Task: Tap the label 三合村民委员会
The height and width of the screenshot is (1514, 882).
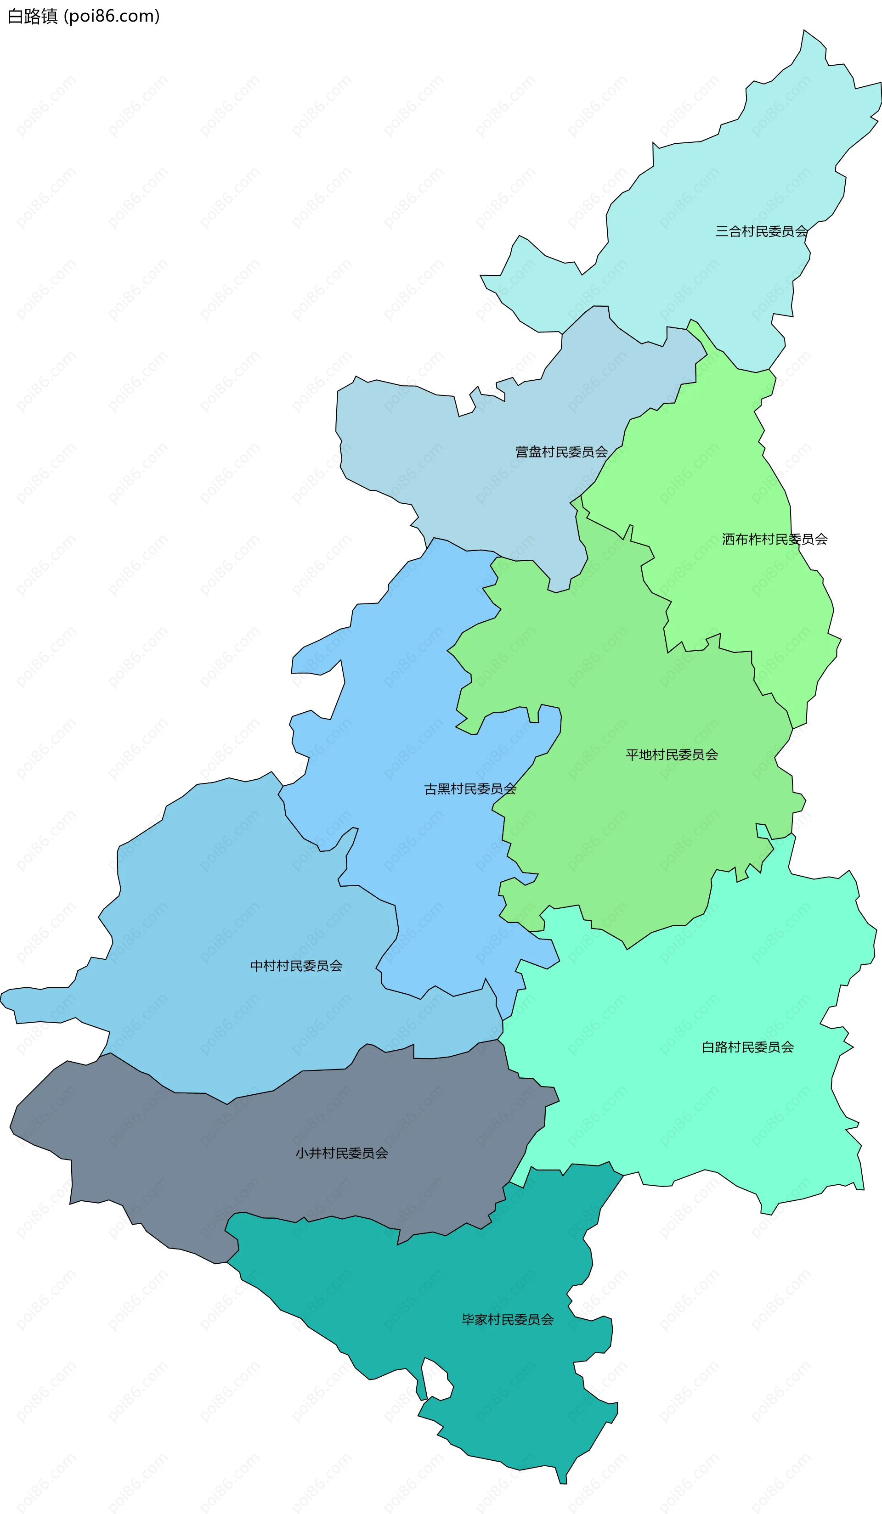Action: [761, 231]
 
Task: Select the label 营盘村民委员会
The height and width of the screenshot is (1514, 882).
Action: [561, 452]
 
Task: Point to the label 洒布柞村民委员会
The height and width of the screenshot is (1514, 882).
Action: [775, 539]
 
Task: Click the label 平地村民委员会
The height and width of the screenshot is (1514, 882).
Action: [672, 754]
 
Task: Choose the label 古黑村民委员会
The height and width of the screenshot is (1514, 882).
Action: [470, 789]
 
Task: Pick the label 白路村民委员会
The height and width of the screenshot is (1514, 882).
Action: [747, 1047]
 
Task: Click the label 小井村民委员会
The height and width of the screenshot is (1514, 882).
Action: [341, 1153]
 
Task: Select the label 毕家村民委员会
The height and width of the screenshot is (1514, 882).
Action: [507, 1319]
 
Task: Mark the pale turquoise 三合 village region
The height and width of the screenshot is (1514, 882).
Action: [721, 180]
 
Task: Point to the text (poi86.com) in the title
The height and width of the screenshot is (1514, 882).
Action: [112, 16]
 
